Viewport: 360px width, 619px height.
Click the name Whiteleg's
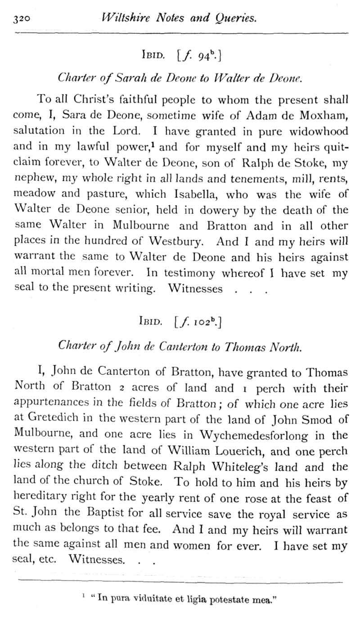pos(246,466)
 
